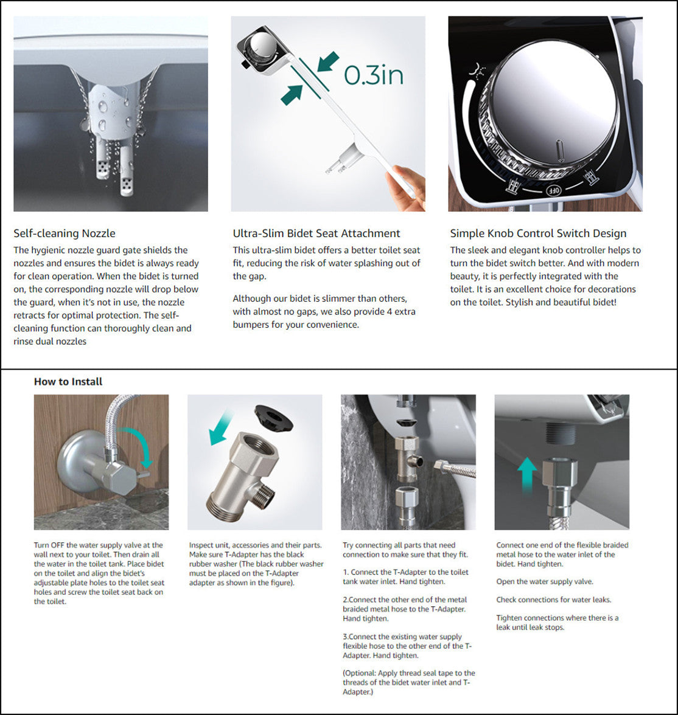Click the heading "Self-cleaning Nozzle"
click(65, 233)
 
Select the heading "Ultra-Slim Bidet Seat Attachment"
click(316, 233)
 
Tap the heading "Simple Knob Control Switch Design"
click(538, 233)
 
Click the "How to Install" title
click(68, 382)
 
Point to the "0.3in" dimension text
click(374, 75)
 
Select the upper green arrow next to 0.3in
click(327, 62)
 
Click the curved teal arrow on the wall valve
click(135, 446)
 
